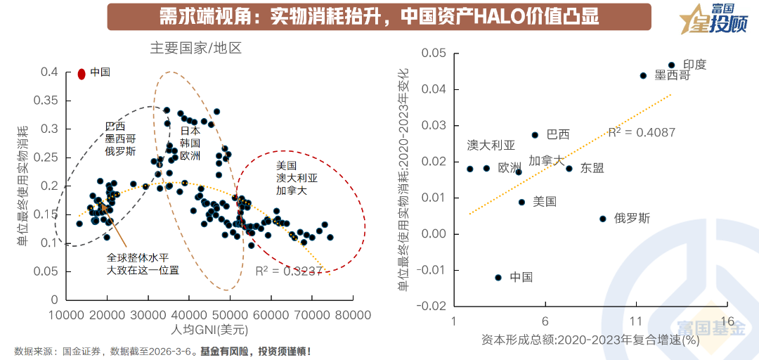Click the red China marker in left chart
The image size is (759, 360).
pyautogui.click(x=82, y=73)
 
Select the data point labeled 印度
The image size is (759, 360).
pyautogui.click(x=671, y=65)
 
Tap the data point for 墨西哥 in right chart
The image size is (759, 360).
pyautogui.click(x=643, y=75)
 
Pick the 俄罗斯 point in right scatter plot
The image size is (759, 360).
pyautogui.click(x=602, y=219)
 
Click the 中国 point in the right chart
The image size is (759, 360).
pyautogui.click(x=498, y=277)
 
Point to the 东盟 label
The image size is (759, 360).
pyautogui.click(x=592, y=168)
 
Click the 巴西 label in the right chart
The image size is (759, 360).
pyautogui.click(x=558, y=134)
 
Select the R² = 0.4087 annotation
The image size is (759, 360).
pyautogui.click(x=641, y=132)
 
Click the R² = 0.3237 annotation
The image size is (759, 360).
pyautogui.click(x=289, y=271)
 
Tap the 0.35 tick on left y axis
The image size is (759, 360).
pyautogui.click(x=48, y=101)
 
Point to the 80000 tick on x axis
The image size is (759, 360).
pyautogui.click(x=351, y=314)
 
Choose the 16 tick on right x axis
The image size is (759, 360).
pyautogui.click(x=727, y=321)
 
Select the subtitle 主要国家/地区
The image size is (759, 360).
pyautogui.click(x=195, y=49)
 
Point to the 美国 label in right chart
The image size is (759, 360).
pyautogui.click(x=545, y=202)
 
